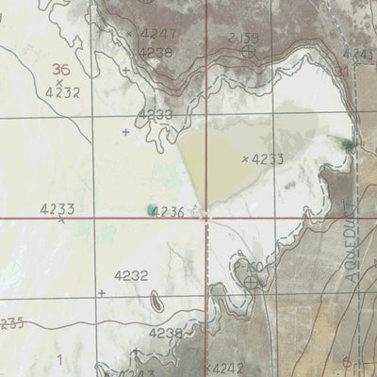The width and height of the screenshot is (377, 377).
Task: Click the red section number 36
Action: point(62,69)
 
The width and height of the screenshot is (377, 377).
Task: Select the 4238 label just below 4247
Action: point(156,54)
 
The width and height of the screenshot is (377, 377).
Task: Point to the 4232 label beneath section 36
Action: point(62,91)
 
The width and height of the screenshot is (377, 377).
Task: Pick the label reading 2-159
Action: point(243,36)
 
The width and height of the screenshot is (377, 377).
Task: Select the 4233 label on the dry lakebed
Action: point(268,159)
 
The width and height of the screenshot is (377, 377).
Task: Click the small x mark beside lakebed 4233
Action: point(244,159)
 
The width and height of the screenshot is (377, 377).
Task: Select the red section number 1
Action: point(58,358)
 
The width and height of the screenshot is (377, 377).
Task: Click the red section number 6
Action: point(347,362)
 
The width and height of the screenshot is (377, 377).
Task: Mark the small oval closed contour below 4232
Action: point(156,301)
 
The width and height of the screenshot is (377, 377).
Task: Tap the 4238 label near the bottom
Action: point(166,334)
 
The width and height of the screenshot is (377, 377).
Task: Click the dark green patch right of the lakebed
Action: point(349,144)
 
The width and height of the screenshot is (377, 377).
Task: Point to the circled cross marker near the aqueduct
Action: point(252,281)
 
